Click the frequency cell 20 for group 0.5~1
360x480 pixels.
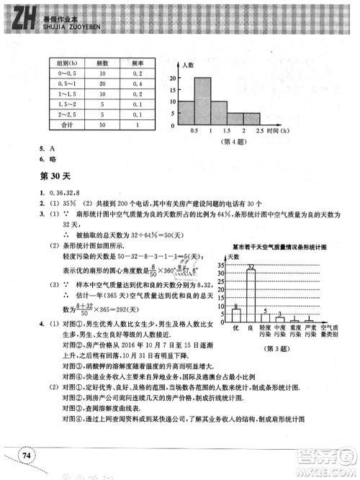[x=104, y=83]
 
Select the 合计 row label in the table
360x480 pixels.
[x=67, y=124]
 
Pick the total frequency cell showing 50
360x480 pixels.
[x=104, y=124]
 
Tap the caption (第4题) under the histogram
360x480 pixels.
[x=220, y=142]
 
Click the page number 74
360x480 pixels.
[x=27, y=453]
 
